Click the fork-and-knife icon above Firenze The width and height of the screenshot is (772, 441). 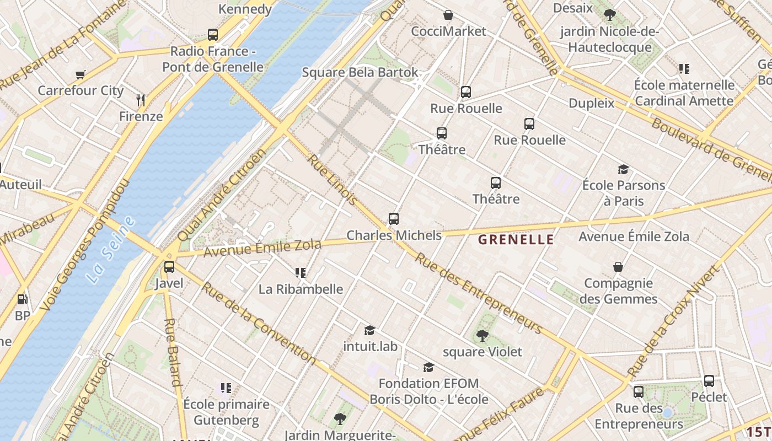[141, 100]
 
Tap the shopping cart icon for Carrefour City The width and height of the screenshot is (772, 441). [81, 74]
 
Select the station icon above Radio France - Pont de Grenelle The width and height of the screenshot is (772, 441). [213, 35]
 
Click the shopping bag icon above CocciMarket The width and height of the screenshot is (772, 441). [449, 15]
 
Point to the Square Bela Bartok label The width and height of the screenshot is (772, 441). [360, 73]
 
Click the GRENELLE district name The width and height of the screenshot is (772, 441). [516, 239]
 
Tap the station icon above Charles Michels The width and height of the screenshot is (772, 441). [394, 219]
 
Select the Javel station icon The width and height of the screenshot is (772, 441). [169, 267]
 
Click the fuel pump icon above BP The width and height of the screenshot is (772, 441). [22, 299]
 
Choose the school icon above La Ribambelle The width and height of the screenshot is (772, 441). [301, 272]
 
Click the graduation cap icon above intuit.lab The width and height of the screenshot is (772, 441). [370, 330]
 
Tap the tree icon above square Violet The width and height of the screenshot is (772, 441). [482, 335]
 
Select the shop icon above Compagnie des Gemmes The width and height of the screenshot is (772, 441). [618, 267]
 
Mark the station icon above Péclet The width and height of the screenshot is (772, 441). [709, 380]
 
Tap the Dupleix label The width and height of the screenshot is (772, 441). [591, 103]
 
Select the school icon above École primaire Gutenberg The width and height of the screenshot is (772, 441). [226, 388]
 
